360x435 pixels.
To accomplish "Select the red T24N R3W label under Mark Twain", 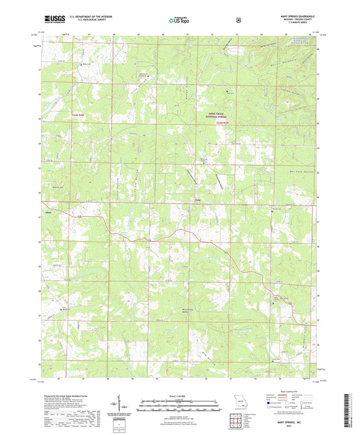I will (223, 122).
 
